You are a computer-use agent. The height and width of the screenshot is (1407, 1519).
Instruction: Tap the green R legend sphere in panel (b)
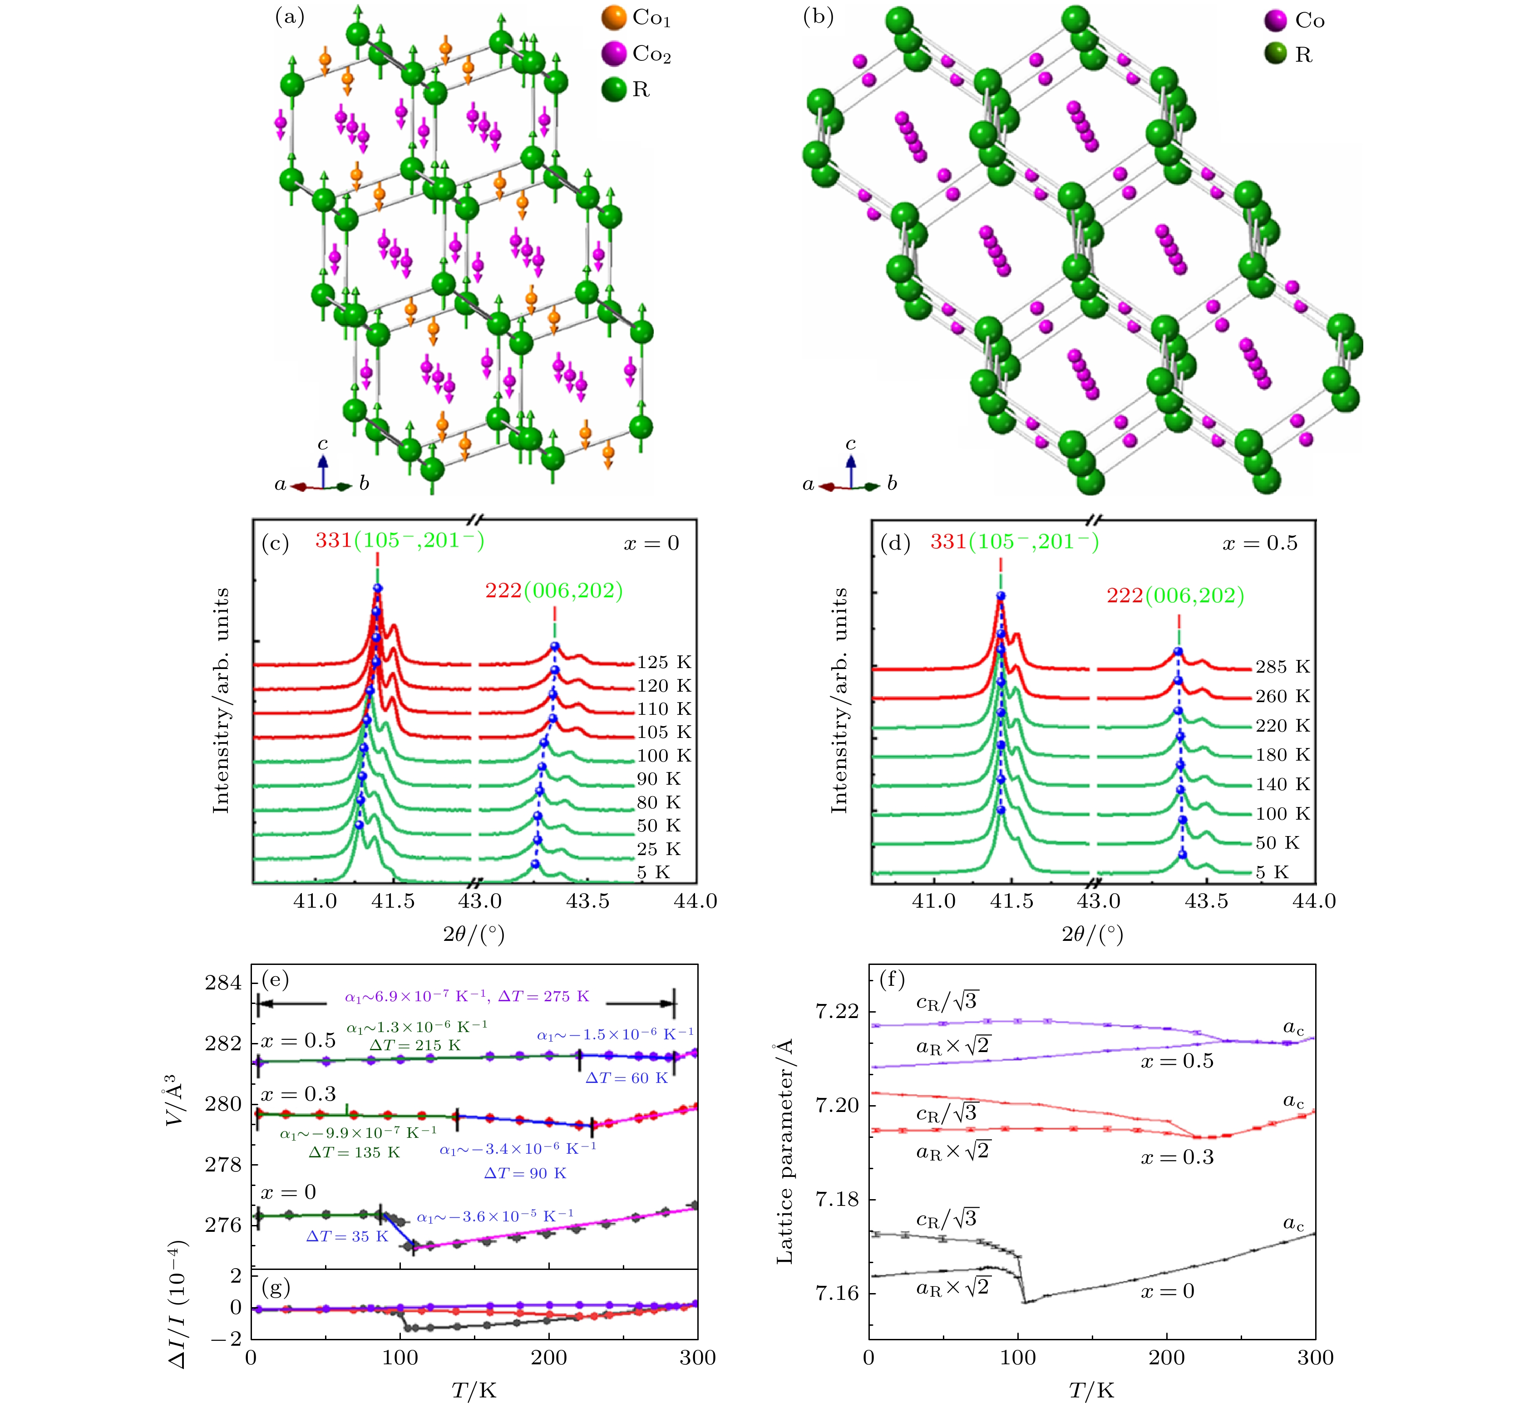[x=1275, y=55]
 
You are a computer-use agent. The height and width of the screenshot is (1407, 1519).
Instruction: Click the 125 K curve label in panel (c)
[x=664, y=662]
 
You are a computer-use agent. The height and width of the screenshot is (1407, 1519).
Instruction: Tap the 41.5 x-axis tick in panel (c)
[x=393, y=901]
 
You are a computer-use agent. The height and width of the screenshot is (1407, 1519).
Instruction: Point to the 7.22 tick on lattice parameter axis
[x=837, y=1011]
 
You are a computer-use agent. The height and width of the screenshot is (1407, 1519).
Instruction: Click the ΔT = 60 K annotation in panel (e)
[x=626, y=1078]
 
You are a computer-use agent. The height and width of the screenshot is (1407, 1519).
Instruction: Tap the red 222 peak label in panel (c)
[x=503, y=591]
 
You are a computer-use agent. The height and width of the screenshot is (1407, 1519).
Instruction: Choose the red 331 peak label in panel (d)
[x=948, y=542]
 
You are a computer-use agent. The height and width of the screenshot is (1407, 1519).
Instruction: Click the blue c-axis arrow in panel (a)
[x=323, y=469]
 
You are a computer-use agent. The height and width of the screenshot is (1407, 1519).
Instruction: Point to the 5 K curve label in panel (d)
[x=1272, y=872]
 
